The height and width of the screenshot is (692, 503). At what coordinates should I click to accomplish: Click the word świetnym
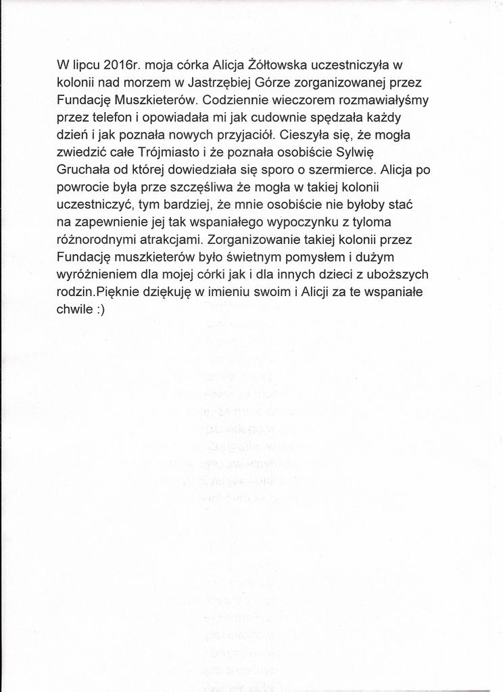[x=260, y=257]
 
